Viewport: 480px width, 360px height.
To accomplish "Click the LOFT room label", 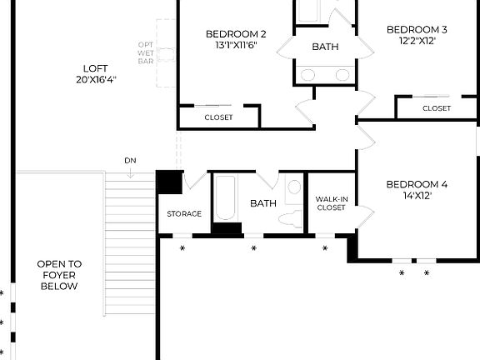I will click(95, 68).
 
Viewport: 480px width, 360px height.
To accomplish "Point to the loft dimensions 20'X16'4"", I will click(95, 80).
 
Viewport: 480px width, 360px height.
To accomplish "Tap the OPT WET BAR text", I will click(147, 52).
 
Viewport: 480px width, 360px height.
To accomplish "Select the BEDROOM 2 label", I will click(236, 34).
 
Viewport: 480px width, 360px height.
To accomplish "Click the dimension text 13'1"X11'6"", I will click(236, 46).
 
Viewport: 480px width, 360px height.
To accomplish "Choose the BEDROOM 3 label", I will click(417, 29).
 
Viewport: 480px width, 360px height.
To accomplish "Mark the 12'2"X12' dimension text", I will click(417, 41).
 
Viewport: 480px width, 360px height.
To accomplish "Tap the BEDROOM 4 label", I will click(417, 184).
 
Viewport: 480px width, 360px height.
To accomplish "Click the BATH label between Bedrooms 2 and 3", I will click(325, 47).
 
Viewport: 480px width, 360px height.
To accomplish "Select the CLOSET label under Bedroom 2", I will click(218, 117).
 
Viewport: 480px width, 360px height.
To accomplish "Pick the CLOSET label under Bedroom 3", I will click(436, 108).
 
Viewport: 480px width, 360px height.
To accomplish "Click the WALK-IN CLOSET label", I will click(331, 203).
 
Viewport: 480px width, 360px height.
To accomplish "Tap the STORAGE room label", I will click(184, 214).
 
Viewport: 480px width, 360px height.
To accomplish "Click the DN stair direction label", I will click(131, 160).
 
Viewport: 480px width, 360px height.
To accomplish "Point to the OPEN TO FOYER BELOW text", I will click(57, 275).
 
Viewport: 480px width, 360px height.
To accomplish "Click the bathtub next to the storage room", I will click(226, 198).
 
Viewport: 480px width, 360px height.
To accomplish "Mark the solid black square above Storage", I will click(170, 182).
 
